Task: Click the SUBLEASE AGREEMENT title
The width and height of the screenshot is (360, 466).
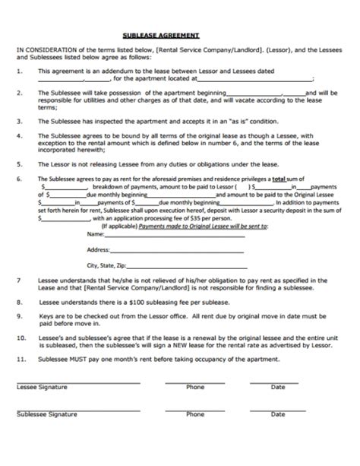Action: point(161,35)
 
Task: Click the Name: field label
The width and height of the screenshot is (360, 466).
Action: point(96,234)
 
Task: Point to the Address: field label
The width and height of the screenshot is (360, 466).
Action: point(99,249)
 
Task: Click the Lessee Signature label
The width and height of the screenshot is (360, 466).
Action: point(42,387)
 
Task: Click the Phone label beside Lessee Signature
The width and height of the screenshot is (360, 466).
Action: point(195,387)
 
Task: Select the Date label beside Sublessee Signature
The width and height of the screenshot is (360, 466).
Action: point(278,414)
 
